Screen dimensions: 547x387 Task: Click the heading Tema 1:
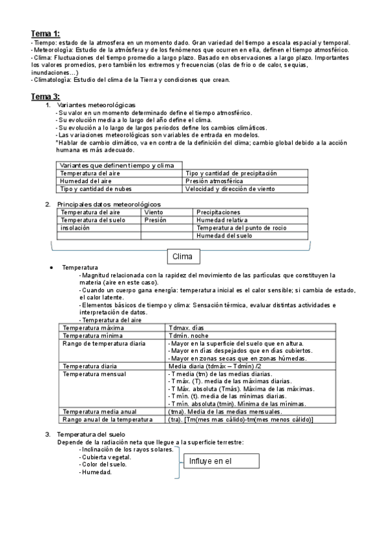45,34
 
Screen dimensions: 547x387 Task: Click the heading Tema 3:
45,96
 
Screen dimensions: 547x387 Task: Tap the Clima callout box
183,257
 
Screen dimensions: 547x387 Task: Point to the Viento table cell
154,212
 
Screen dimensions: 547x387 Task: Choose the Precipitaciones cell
218,212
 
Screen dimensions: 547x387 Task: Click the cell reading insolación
76,228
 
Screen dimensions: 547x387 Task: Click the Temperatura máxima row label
89,328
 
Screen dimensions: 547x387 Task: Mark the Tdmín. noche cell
188,336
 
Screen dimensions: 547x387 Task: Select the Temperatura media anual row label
99,412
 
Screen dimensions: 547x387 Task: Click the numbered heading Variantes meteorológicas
96,105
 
